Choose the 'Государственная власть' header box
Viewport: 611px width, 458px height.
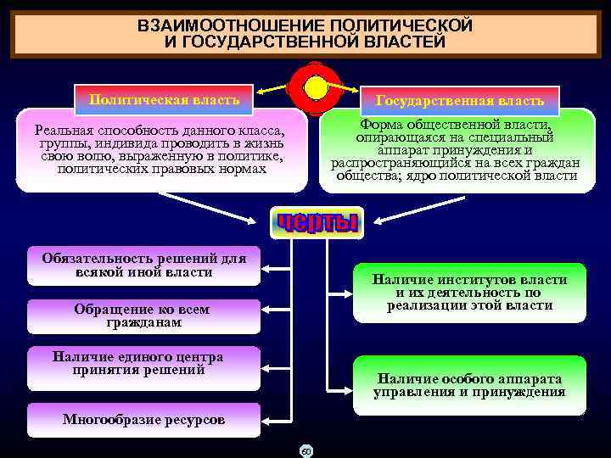(460, 101)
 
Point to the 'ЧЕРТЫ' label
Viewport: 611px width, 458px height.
(316, 223)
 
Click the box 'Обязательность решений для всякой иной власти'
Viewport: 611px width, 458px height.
(143, 265)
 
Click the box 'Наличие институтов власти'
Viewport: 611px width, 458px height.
(469, 292)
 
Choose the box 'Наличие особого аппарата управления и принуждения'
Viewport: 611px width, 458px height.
(469, 387)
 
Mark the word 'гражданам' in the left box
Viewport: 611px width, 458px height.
(143, 323)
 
